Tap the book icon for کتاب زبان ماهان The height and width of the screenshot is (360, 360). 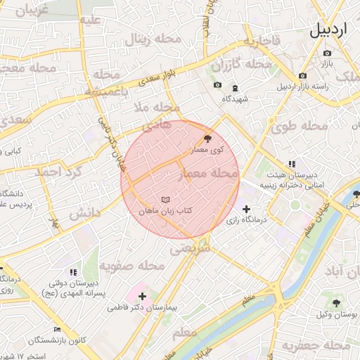(x=165, y=200)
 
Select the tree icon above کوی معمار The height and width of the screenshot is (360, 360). (x=207, y=139)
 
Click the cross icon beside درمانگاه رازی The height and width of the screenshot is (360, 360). (x=245, y=209)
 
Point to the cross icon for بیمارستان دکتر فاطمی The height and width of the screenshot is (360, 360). (x=142, y=297)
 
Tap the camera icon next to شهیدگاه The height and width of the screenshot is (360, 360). (x=217, y=86)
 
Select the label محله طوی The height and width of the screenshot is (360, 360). (x=304, y=126)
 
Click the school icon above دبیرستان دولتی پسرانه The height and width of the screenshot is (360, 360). (x=72, y=271)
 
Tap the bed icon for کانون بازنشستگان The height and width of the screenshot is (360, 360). (x=57, y=329)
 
